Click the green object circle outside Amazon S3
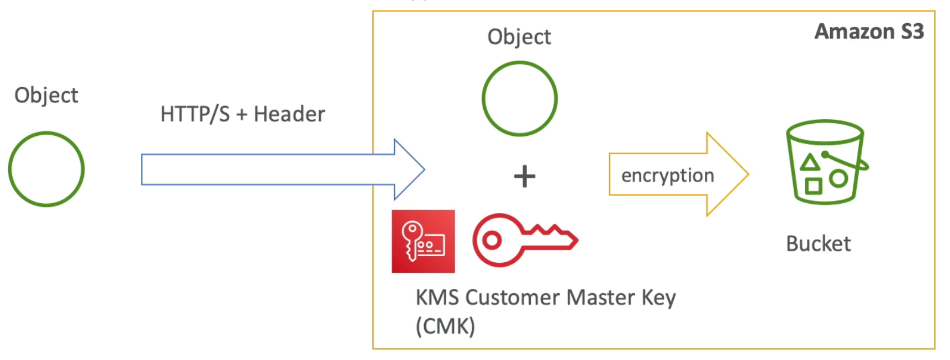point(46,169)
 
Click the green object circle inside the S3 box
point(520,99)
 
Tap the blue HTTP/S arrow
point(283,170)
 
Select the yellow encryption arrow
point(679,174)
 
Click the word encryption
point(668,176)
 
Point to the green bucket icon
point(827,162)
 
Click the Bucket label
point(819,243)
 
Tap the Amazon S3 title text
point(869,31)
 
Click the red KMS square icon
point(423,241)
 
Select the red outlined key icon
point(525,240)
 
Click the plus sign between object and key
point(525,177)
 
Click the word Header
point(289,114)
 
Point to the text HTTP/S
point(195,114)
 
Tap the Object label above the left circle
point(46,96)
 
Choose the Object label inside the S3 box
point(519,37)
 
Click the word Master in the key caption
point(601,298)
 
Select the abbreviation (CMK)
point(445,326)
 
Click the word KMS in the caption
point(437,298)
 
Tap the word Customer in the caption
point(513,298)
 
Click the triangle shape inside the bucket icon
point(810,162)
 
